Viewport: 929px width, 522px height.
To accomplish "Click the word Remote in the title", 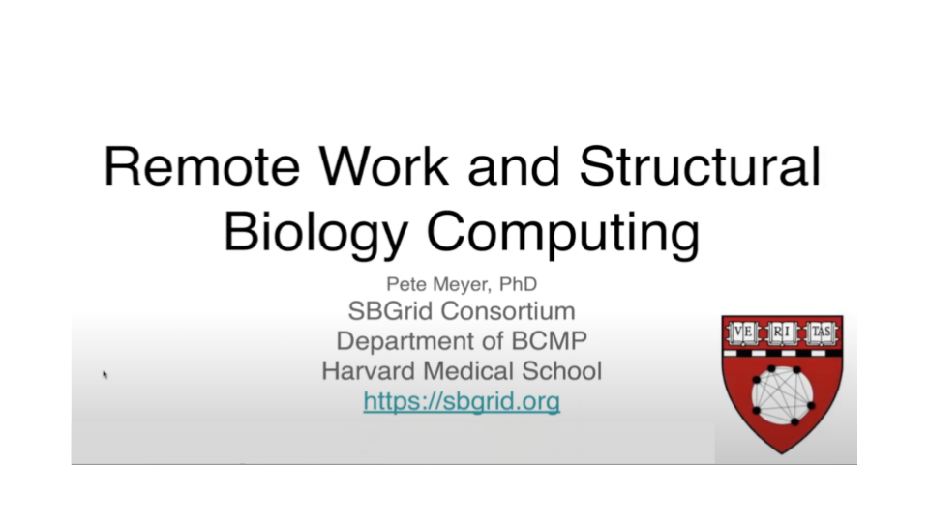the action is click(202, 166).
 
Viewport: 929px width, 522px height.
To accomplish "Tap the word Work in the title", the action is click(384, 166).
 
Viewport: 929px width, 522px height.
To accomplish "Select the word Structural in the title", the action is click(701, 166).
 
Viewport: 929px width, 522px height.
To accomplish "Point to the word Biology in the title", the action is click(315, 234).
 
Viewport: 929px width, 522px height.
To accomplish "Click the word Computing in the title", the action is click(563, 234).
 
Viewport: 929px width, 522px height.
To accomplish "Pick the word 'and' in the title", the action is click(514, 166).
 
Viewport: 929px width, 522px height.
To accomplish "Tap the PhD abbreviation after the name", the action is click(518, 284).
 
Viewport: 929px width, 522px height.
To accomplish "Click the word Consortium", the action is click(508, 310).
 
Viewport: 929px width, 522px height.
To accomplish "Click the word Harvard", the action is click(369, 371).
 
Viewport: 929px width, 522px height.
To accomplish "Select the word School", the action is click(561, 371).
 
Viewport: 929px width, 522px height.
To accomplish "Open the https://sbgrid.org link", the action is click(462, 401).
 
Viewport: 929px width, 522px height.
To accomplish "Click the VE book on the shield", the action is click(743, 333).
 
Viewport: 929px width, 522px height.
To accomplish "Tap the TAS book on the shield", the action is click(821, 333).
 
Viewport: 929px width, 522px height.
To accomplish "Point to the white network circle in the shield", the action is click(783, 395).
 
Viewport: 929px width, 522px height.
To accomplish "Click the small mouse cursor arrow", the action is click(105, 374).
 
